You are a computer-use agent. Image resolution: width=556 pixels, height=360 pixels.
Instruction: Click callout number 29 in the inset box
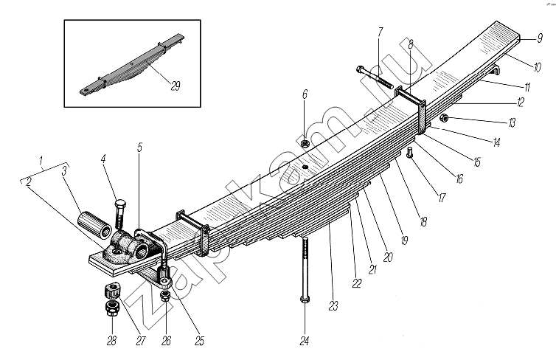point(175,86)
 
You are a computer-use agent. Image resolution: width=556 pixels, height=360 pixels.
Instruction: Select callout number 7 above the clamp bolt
point(380,32)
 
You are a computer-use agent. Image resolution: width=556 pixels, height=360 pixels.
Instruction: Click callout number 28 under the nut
point(111,341)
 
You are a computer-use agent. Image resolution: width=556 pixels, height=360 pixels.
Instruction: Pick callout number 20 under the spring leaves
point(389,257)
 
